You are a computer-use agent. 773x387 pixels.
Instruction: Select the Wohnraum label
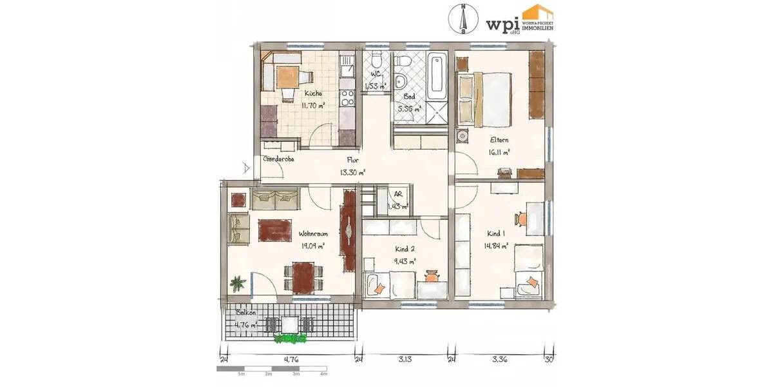[313, 234]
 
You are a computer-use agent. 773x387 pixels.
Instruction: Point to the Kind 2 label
[404, 249]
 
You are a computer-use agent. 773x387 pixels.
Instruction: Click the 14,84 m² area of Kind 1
[497, 246]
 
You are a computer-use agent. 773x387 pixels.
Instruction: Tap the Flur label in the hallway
[352, 161]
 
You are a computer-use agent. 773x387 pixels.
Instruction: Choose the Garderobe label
[278, 159]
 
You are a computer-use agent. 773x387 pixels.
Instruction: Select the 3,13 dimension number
[405, 360]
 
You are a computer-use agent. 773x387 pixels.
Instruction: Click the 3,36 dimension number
[499, 360]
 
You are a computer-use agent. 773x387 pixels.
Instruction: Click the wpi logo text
[502, 23]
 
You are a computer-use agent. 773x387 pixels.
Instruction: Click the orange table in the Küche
[285, 77]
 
